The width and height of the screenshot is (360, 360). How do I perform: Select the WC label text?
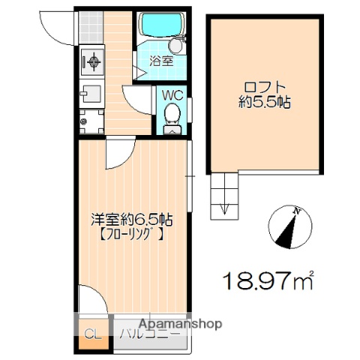tap(174, 96)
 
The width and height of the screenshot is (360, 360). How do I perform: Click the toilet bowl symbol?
tap(172, 115)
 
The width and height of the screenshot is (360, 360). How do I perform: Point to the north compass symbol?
tap(289, 228)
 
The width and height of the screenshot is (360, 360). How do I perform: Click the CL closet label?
tap(91, 334)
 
